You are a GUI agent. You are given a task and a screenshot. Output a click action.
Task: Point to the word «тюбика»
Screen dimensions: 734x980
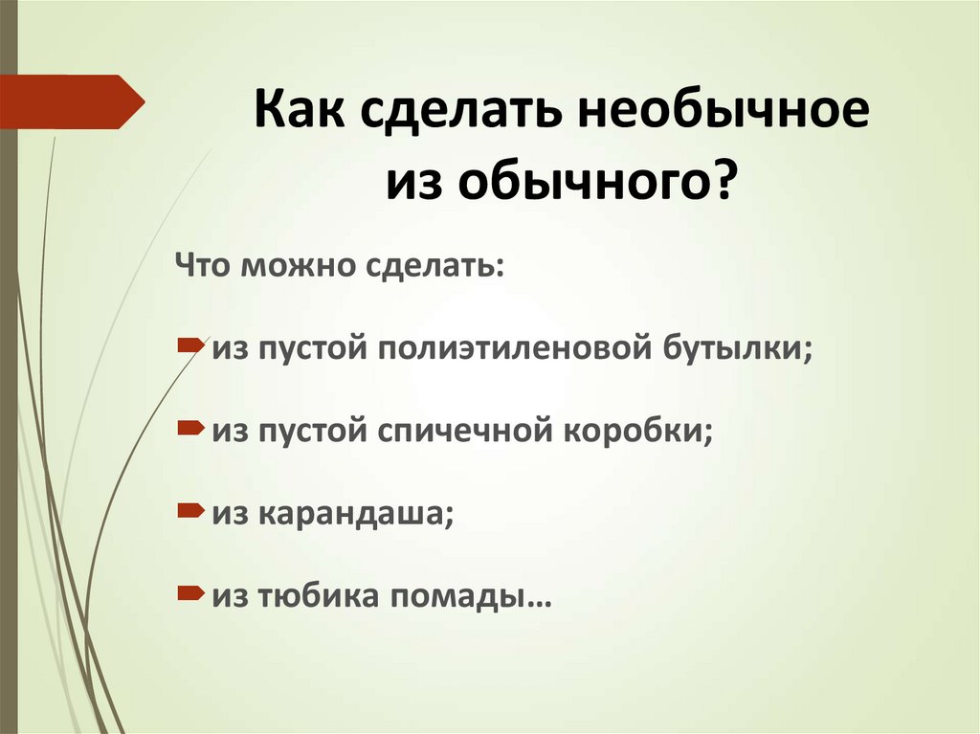(x=310, y=597)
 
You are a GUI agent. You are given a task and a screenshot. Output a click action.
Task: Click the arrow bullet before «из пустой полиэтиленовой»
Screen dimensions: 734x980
(x=189, y=343)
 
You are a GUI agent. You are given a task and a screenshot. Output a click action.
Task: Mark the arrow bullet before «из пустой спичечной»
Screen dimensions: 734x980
(x=189, y=426)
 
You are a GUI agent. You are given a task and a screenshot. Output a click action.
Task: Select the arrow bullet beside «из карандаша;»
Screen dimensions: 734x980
(x=189, y=509)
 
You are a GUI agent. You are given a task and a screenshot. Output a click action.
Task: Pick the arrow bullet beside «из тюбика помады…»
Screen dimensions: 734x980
(x=189, y=592)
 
